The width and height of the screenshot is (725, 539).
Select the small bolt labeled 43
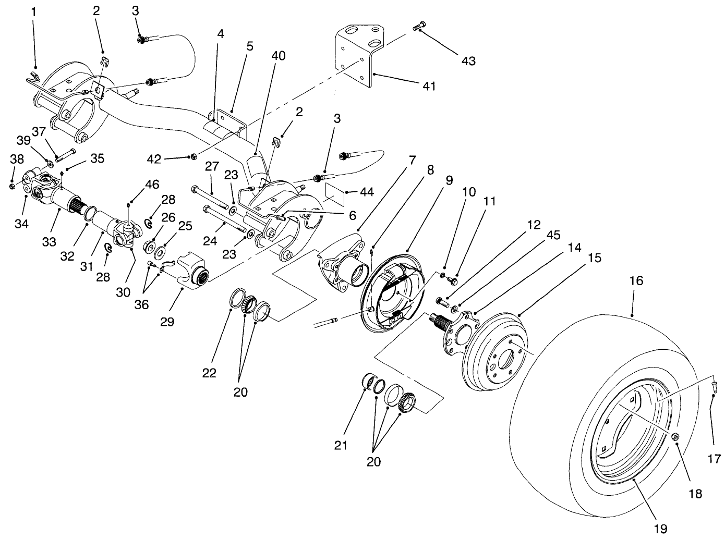click(x=419, y=27)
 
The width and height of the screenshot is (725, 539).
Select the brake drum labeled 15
click(x=496, y=349)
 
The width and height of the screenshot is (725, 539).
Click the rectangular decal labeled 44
click(x=336, y=192)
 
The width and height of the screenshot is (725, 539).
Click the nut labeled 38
click(x=13, y=186)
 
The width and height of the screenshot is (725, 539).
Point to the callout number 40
click(x=279, y=56)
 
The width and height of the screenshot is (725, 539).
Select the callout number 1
click(x=34, y=11)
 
